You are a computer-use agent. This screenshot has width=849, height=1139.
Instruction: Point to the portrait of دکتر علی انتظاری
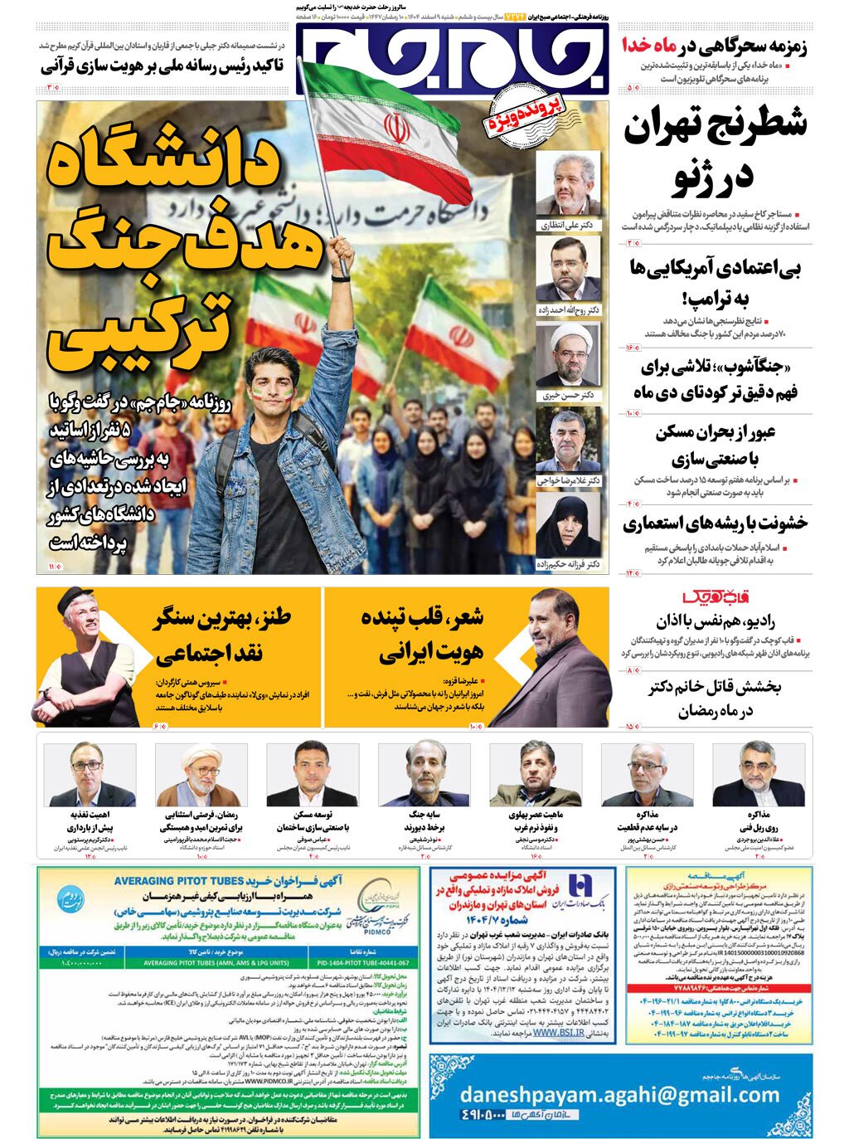[x=568, y=184]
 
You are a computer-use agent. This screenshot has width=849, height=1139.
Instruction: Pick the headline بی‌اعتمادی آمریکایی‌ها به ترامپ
[x=716, y=283]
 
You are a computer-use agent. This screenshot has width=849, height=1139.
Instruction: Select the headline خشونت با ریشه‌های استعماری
[x=715, y=523]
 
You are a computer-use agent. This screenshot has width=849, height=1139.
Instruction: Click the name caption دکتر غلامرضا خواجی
[x=569, y=480]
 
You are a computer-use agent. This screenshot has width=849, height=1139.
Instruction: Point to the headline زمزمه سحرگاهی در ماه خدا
[x=715, y=46]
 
